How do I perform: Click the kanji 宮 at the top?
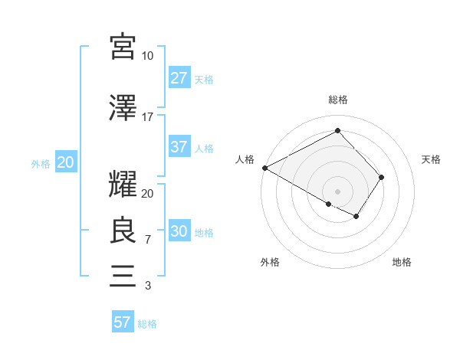(x=123, y=47)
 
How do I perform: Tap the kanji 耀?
(x=123, y=185)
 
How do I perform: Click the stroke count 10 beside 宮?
(x=147, y=57)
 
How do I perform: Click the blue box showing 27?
(x=179, y=78)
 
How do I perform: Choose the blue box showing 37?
(x=179, y=147)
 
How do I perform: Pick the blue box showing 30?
(x=179, y=232)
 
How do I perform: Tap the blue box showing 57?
(x=122, y=322)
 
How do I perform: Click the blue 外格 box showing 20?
(x=65, y=162)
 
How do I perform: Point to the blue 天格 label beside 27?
(x=204, y=79)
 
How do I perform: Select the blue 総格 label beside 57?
(x=147, y=324)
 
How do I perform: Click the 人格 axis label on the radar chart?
(x=245, y=159)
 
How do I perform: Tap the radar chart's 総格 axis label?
(x=337, y=100)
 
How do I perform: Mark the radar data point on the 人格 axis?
(x=264, y=168)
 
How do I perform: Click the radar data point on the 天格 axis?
(x=381, y=178)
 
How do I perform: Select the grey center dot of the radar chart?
(x=337, y=191)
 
